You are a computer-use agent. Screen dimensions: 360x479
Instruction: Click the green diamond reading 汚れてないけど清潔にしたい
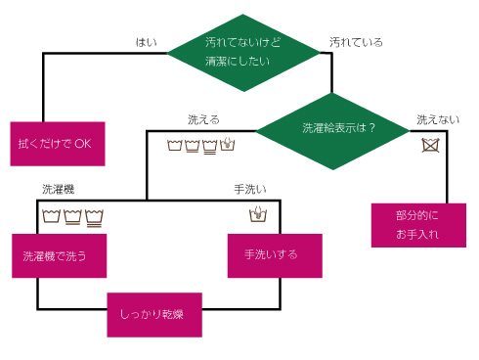[245, 52]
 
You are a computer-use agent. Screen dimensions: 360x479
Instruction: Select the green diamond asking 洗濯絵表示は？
[333, 128]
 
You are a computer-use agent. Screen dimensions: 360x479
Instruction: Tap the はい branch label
[146, 42]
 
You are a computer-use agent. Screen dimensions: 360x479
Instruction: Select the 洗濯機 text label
[58, 188]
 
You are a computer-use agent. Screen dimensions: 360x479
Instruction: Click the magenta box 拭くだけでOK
[57, 143]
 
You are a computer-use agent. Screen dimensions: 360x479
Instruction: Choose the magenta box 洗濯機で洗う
[59, 256]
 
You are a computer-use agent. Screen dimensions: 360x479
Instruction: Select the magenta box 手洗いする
[275, 255]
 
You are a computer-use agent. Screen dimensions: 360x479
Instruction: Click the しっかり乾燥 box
[154, 314]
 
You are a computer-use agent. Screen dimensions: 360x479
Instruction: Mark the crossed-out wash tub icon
[429, 147]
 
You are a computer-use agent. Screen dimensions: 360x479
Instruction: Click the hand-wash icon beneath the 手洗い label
[258, 215]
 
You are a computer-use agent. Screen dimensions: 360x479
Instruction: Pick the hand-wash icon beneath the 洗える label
[228, 146]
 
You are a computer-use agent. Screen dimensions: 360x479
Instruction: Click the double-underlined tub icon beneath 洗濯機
[95, 216]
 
